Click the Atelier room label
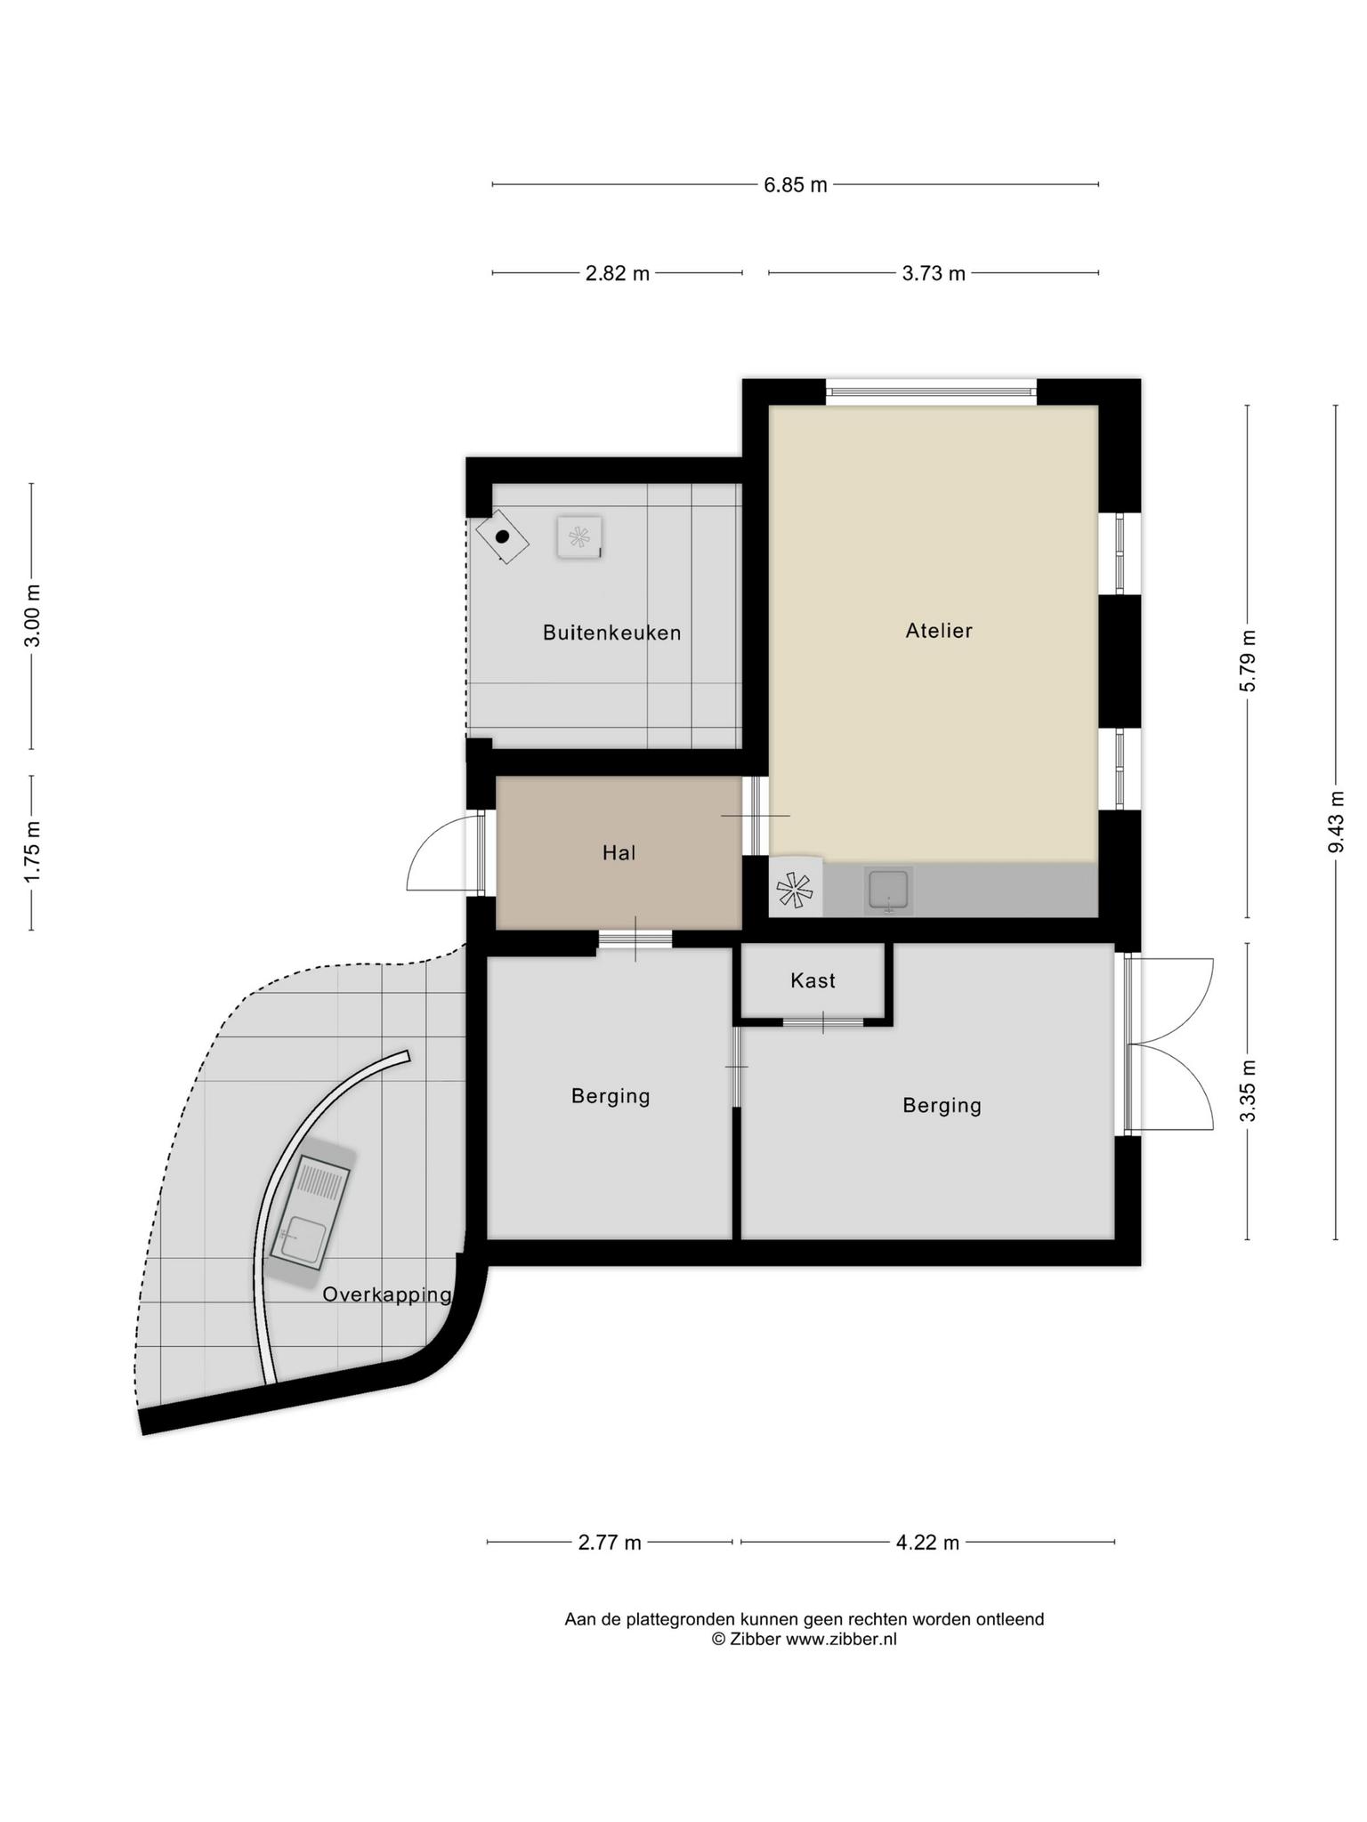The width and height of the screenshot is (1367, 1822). click(x=938, y=631)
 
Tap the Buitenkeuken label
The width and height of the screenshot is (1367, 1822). click(x=612, y=633)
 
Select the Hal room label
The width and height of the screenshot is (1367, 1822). click(x=619, y=853)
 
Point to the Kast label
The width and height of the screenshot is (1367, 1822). click(x=813, y=980)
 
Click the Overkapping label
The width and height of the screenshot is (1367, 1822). click(x=387, y=1295)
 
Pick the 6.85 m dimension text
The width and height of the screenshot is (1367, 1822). click(x=796, y=185)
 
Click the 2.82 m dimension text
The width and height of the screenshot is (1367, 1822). click(x=618, y=273)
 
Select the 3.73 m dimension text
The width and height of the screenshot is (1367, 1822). click(x=934, y=273)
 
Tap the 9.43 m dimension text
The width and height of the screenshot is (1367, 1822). click(x=1336, y=822)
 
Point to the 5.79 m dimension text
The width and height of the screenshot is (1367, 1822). click(x=1249, y=661)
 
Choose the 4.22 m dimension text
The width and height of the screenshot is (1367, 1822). click(x=927, y=1543)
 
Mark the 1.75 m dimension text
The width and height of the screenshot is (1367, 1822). click(x=33, y=852)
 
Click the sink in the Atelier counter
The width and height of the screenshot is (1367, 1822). click(x=887, y=891)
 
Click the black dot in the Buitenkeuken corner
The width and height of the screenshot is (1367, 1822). click(x=502, y=536)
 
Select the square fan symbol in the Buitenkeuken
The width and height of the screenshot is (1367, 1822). click(x=579, y=537)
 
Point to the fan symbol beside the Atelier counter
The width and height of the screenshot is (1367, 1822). click(x=795, y=887)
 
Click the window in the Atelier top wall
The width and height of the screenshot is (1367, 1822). click(x=931, y=391)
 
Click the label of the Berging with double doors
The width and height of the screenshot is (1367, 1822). click(x=942, y=1106)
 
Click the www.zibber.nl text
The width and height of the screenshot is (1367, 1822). click(x=840, y=1639)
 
